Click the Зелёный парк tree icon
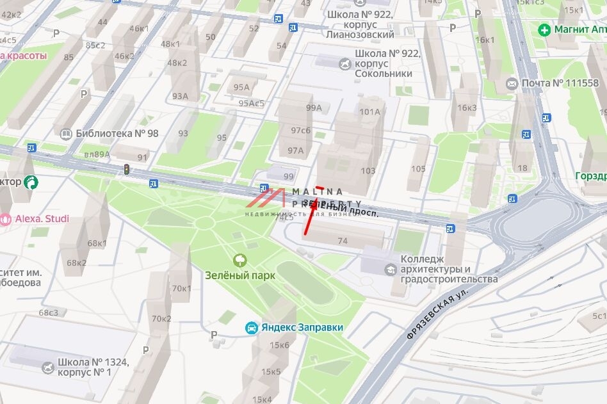(x=241, y=259)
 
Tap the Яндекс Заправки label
(x=302, y=327)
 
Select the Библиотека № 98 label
(x=117, y=133)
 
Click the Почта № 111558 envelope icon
(x=512, y=83)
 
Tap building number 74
(x=343, y=241)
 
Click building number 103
(x=368, y=170)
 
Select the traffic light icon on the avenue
(x=127, y=170)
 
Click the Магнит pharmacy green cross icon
(x=544, y=29)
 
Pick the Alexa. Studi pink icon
(x=6, y=219)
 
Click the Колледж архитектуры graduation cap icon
(x=390, y=270)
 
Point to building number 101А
(x=369, y=111)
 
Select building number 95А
(x=241, y=87)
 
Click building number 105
(x=418, y=168)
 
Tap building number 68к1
(x=97, y=243)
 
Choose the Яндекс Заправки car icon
(x=252, y=327)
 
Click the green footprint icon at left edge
(x=30, y=182)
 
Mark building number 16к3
(x=467, y=108)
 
